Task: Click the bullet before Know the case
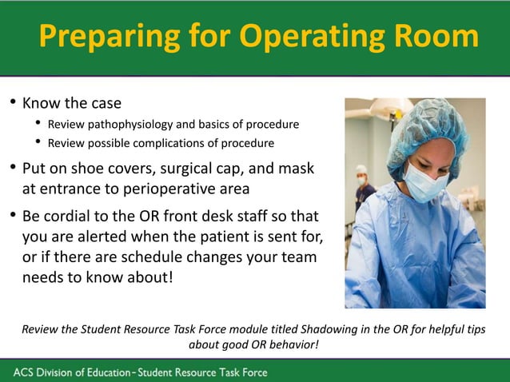click(12, 104)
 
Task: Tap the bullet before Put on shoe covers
click(12, 169)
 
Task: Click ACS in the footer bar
click(25, 372)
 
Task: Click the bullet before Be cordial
click(12, 217)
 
